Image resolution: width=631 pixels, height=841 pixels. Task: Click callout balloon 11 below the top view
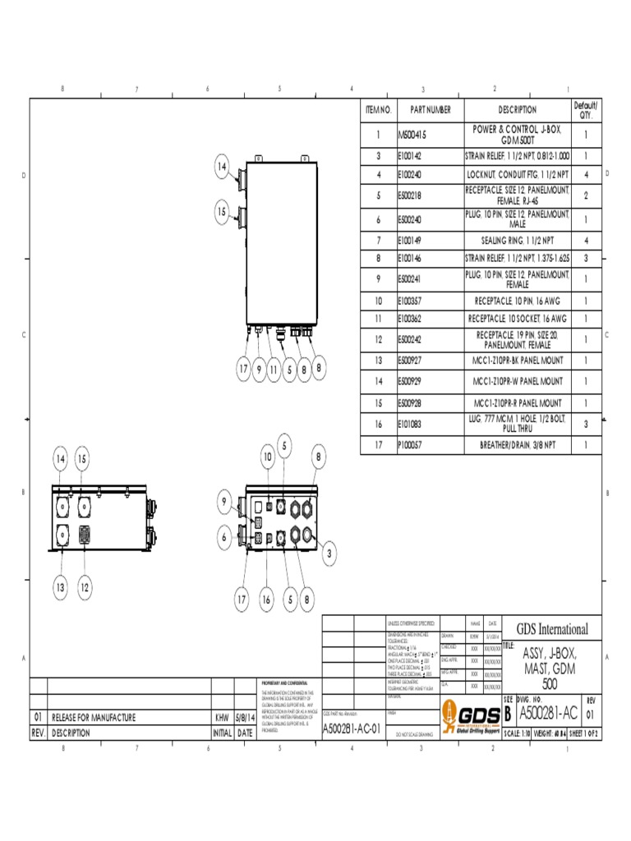274,370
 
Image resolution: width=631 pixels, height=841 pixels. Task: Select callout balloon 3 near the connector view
329,555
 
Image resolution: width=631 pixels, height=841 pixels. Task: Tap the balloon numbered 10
268,457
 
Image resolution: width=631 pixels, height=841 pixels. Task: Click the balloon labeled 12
85,587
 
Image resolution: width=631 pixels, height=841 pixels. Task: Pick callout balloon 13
59,587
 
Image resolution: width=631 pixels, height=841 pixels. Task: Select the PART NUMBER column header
431,109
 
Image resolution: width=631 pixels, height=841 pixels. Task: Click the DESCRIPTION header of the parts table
518,109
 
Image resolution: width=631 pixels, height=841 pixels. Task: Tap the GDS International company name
551,629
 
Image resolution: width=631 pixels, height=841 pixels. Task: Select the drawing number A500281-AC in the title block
547,712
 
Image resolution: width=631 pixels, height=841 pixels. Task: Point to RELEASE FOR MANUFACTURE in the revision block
94,717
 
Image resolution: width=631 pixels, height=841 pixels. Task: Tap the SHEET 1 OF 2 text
580,733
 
